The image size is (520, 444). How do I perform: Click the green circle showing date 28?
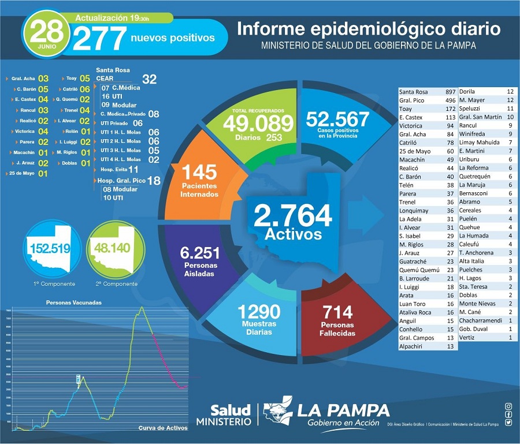[x=44, y=35]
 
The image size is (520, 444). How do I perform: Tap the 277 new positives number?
[x=99, y=39]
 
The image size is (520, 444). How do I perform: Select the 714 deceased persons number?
[x=338, y=312]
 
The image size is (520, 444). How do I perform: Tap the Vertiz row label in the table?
[x=467, y=337]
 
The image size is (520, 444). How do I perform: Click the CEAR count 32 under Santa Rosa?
[x=149, y=80]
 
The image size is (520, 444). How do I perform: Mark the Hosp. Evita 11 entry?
[x=119, y=169]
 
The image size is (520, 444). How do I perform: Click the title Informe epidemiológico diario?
[x=369, y=29]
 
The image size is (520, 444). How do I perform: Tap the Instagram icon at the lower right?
[x=508, y=406]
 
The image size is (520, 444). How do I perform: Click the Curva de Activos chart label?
[x=163, y=428]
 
